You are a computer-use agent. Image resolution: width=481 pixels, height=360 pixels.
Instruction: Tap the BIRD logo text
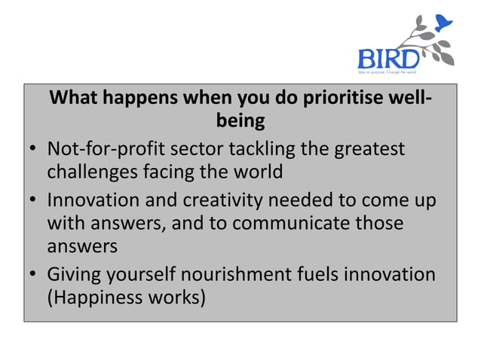[387, 58]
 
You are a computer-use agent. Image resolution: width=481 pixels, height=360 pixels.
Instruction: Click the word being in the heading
[240, 121]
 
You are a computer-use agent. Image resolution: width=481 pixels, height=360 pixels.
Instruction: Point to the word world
[256, 172]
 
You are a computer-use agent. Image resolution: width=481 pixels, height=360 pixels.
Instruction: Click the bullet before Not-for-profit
[34, 149]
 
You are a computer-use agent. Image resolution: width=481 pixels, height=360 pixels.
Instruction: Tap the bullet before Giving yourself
[34, 275]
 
